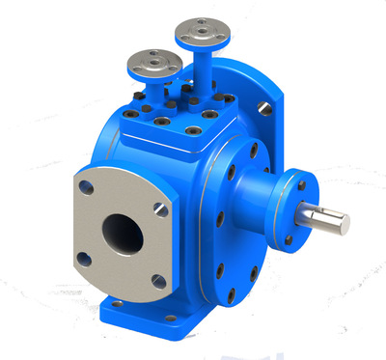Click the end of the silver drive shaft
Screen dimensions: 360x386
tap(340, 224)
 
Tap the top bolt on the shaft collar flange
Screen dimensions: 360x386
tap(300, 184)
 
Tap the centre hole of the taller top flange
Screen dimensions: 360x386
tap(205, 33)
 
